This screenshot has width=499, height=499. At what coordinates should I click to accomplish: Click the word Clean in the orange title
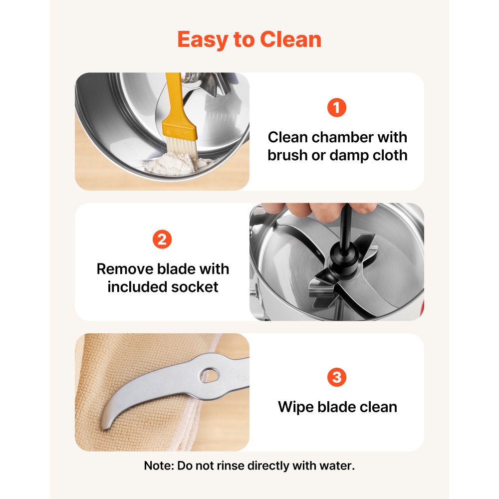290,39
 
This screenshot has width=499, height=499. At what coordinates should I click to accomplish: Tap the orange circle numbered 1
337,108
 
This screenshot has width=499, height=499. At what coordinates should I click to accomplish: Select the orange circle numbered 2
162,240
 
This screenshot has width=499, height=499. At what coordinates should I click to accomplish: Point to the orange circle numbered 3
337,377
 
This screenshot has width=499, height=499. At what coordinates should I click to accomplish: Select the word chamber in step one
342,138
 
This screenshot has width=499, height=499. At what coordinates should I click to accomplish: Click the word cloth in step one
390,155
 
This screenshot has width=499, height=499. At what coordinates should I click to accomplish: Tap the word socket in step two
195,287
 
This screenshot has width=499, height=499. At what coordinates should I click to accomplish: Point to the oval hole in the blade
209,375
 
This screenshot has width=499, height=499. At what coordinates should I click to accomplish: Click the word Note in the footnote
159,466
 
